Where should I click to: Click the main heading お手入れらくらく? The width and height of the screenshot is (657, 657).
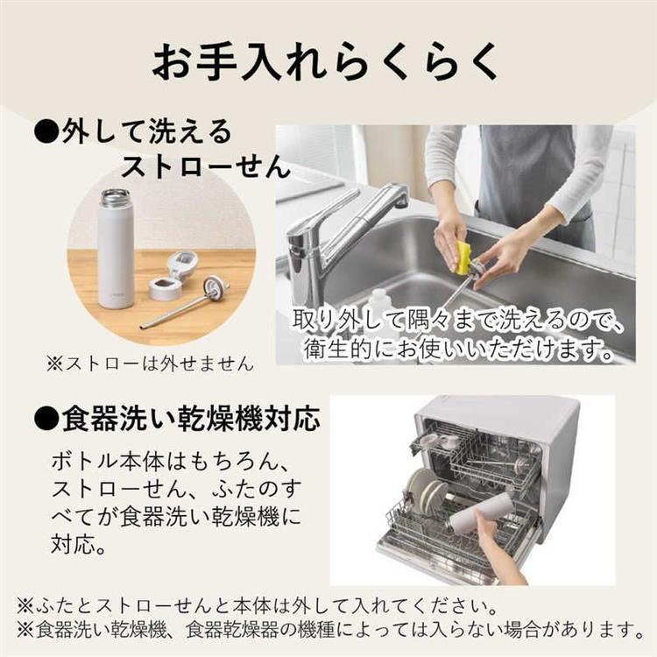[328, 62]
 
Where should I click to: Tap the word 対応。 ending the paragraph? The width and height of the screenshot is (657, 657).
[79, 546]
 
